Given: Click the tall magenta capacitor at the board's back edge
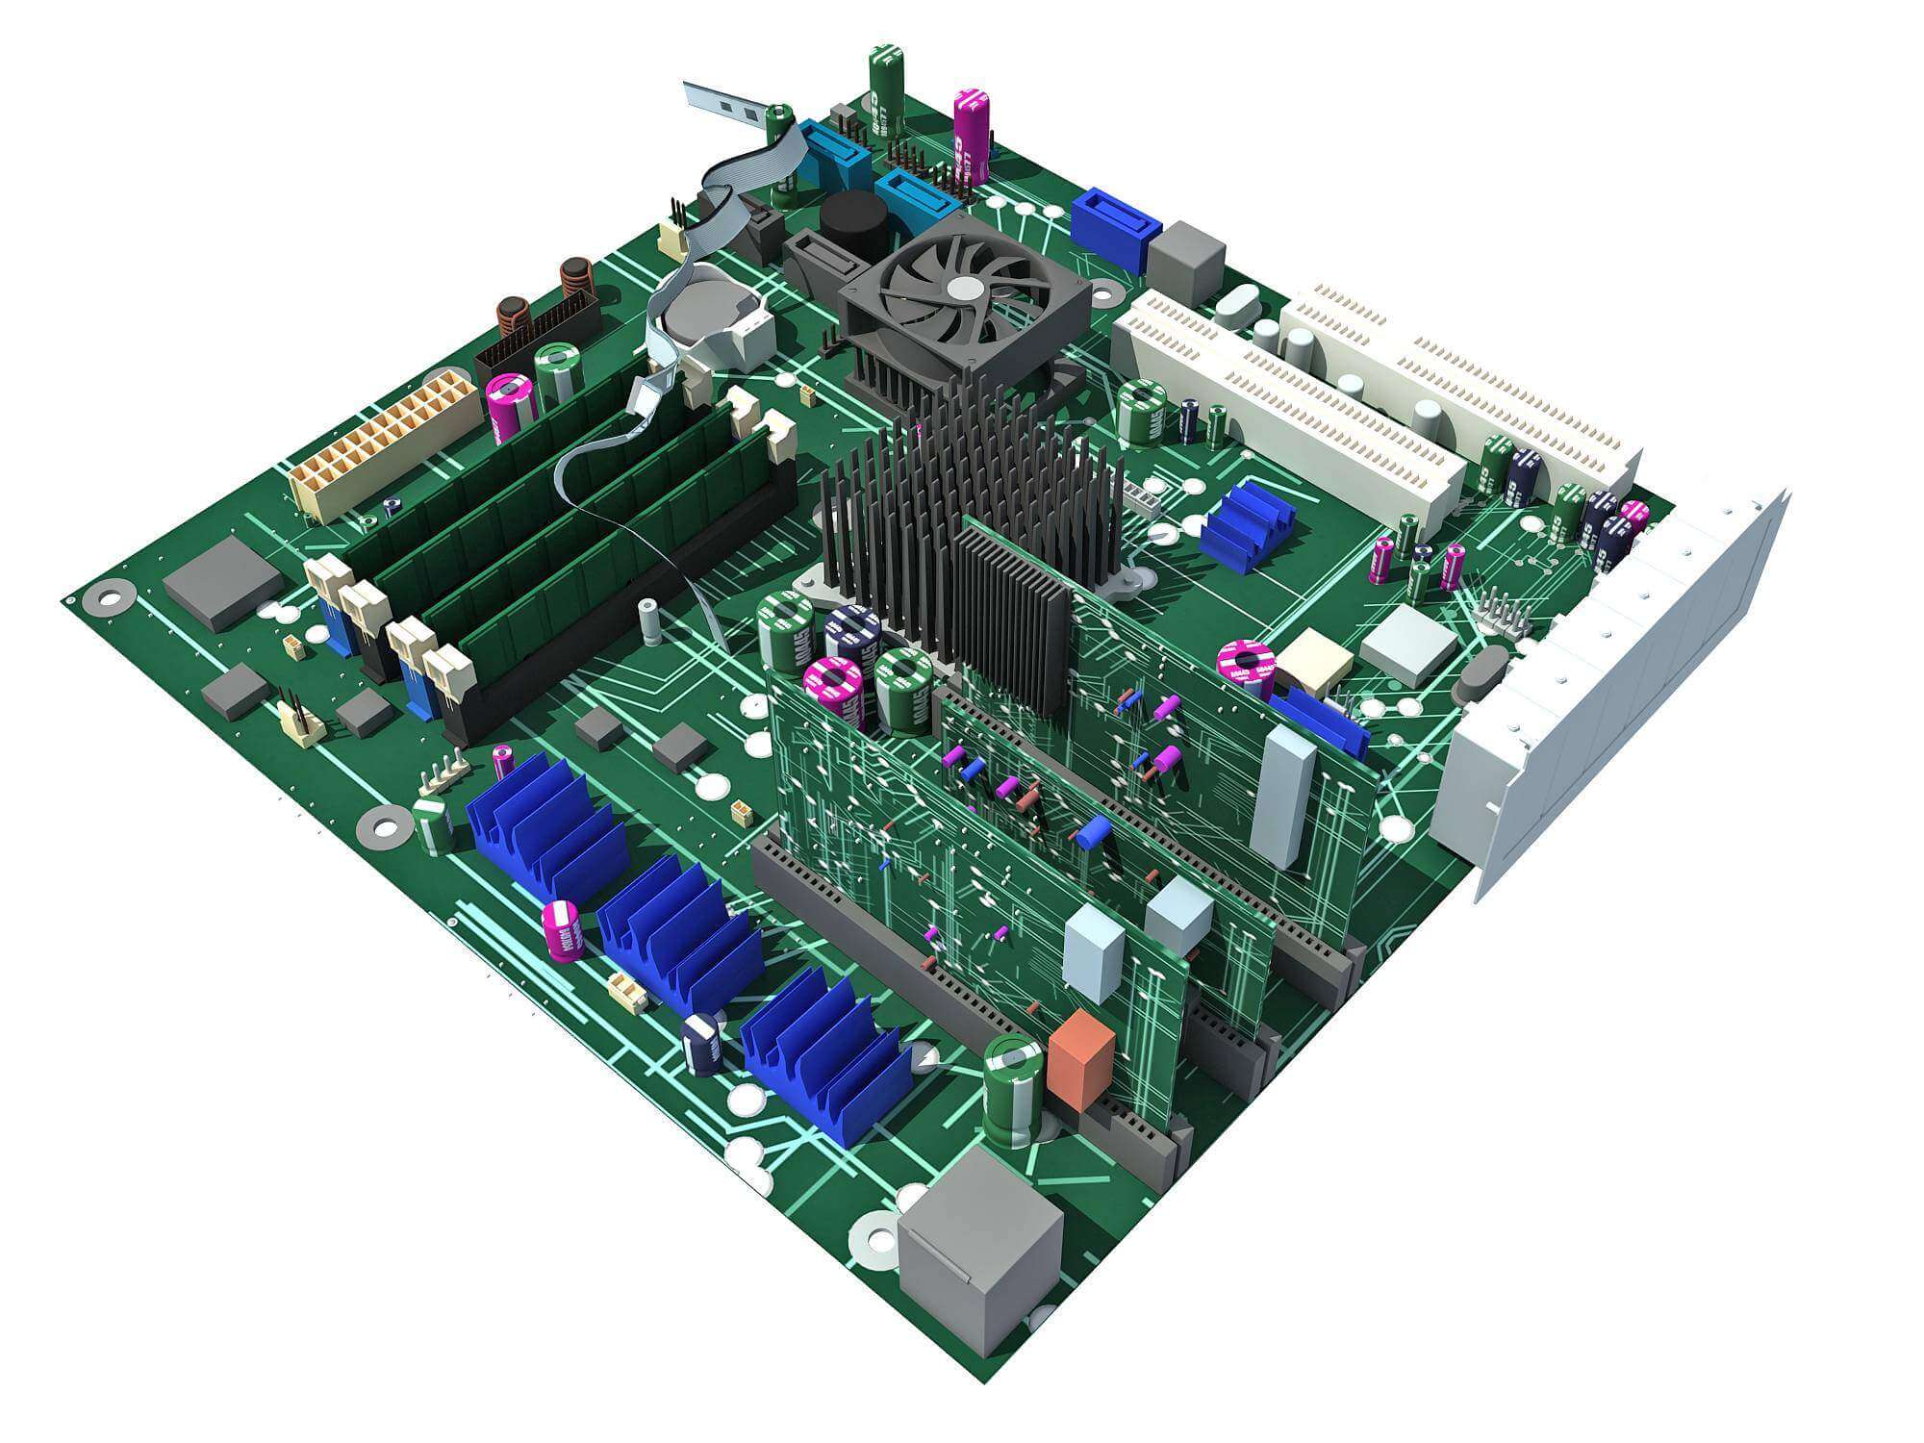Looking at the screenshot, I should [x=972, y=135].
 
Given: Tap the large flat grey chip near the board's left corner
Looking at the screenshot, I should [x=223, y=582].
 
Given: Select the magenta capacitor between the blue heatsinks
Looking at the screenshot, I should [x=564, y=929].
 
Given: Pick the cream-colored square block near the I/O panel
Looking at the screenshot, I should [x=1313, y=661].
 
